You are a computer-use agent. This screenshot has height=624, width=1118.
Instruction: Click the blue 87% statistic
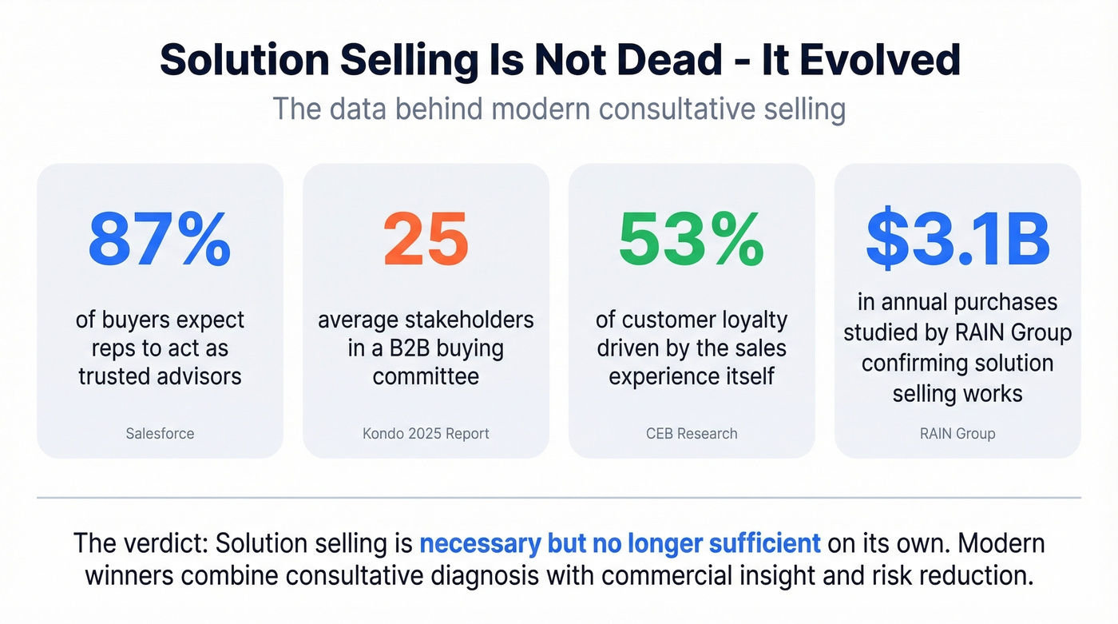pos(160,239)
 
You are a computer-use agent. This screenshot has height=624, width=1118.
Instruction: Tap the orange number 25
pos(426,239)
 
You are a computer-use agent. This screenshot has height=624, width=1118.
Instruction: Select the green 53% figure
pos(692,239)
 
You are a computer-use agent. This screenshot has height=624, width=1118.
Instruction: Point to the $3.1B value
pos(957,239)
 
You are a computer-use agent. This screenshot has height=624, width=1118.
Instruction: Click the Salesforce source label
pos(160,434)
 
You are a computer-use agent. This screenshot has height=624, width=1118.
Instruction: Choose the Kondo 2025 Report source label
pos(426,434)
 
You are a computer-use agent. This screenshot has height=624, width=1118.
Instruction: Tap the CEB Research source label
pos(692,434)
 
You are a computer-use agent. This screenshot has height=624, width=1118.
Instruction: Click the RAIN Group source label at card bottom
pos(957,434)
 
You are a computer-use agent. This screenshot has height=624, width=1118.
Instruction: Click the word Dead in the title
pos(662,61)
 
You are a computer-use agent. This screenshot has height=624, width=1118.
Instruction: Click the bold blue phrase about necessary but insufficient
pos(620,543)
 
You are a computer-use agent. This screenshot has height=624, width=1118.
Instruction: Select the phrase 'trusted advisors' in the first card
pos(160,376)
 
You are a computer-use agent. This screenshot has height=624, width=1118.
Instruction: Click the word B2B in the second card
pos(436,348)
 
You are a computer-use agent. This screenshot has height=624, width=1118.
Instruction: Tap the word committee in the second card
pos(426,376)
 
